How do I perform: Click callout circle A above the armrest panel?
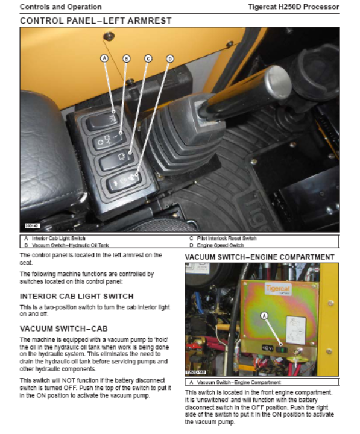(x=104, y=58)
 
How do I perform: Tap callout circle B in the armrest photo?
(x=126, y=58)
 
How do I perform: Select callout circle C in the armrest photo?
(x=148, y=58)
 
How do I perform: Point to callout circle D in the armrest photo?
(x=170, y=58)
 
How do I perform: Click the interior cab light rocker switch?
(x=103, y=121)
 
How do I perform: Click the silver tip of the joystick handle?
(x=278, y=83)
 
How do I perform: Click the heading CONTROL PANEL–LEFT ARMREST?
(x=96, y=20)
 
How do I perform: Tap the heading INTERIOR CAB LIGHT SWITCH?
(x=77, y=296)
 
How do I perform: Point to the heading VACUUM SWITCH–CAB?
(x=64, y=329)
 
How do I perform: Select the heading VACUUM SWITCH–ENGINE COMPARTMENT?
(x=260, y=257)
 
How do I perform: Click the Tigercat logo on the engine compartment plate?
(x=278, y=288)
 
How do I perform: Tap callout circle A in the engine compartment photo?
(x=265, y=315)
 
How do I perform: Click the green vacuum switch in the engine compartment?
(x=282, y=349)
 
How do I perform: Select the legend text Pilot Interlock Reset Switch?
(x=227, y=238)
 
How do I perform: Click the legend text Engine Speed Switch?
(x=221, y=245)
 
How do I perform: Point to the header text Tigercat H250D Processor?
(x=294, y=7)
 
